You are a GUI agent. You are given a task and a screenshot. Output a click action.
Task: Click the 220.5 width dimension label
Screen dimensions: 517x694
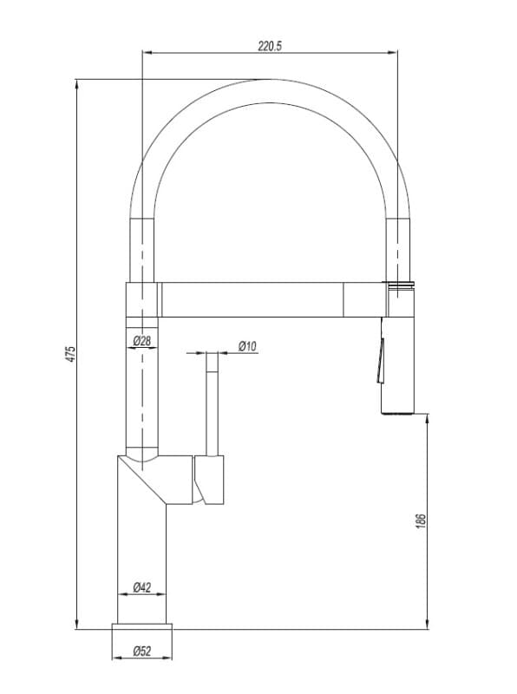pos(270,46)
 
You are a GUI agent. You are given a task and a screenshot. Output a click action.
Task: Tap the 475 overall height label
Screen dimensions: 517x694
pos(71,355)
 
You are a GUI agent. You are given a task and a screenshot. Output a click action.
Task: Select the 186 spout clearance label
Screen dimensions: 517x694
pos(421,521)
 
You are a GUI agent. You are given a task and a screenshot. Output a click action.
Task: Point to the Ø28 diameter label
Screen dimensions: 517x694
pos(142,341)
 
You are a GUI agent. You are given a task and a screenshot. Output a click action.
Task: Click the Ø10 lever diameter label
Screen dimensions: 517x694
pos(247,346)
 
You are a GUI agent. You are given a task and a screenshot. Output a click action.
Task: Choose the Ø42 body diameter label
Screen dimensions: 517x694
pos(142,587)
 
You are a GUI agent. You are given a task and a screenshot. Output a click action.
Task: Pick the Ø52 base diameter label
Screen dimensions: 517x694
pos(142,651)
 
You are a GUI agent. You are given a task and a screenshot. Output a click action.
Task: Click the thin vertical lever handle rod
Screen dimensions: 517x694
pos(212,403)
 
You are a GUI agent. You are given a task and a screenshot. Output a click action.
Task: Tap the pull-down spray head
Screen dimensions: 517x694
pos(397,365)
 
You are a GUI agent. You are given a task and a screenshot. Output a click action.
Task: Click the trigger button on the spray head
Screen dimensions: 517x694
pos(380,361)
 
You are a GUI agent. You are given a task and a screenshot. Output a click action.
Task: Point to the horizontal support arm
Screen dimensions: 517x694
pos(272,299)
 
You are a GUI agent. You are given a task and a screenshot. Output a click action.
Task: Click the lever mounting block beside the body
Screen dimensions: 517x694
pos(209,480)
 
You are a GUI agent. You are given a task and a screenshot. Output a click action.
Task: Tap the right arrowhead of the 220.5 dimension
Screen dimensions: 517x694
pos(392,53)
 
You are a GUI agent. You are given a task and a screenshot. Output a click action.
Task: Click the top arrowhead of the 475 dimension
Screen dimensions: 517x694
pos(77,84)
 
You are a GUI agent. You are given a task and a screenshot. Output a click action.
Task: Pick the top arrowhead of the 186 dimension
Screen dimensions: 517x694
pos(427,419)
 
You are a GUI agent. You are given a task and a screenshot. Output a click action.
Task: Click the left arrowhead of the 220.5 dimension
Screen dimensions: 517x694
pos(147,53)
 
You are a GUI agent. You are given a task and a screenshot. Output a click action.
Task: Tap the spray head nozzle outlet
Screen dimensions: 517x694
pos(397,413)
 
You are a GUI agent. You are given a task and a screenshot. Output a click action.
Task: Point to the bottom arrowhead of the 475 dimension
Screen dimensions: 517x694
pos(77,624)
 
